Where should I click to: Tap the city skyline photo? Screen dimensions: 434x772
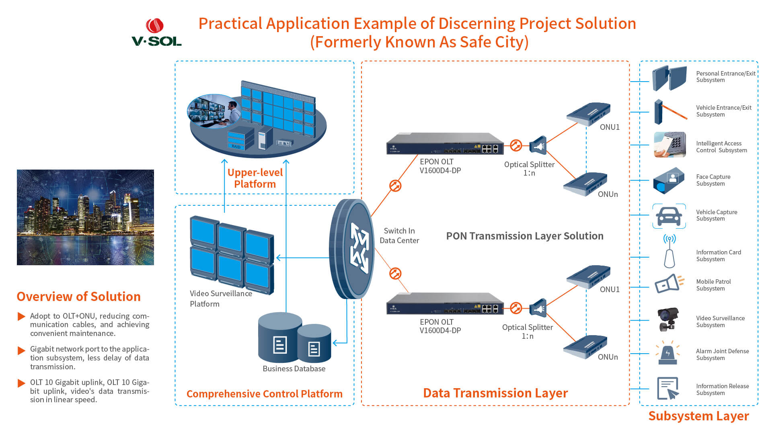click(x=85, y=217)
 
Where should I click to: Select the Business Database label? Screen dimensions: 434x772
click(x=294, y=369)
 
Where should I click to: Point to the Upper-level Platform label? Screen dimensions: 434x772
click(x=255, y=178)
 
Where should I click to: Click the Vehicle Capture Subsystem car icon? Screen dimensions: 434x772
click(x=669, y=216)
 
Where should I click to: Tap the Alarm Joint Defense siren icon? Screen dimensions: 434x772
click(x=667, y=353)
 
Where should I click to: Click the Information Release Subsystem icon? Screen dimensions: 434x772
click(x=668, y=388)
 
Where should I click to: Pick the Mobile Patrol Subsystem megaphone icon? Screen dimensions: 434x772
click(x=669, y=283)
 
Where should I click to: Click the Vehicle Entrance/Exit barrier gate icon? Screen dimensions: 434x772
click(x=669, y=112)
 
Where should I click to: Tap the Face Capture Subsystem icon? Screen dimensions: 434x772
click(x=669, y=180)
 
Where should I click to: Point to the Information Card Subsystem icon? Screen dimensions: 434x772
click(x=669, y=252)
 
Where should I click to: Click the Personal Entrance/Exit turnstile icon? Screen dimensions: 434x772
click(x=669, y=78)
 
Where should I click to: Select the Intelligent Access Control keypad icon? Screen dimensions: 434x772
click(x=669, y=145)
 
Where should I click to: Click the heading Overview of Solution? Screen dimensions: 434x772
click(x=78, y=297)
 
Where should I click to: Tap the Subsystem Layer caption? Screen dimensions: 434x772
click(x=698, y=416)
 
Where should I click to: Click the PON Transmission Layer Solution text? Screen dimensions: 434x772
click(x=525, y=236)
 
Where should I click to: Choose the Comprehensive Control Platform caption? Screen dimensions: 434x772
click(x=265, y=394)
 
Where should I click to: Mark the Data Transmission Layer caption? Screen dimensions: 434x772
click(x=495, y=393)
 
